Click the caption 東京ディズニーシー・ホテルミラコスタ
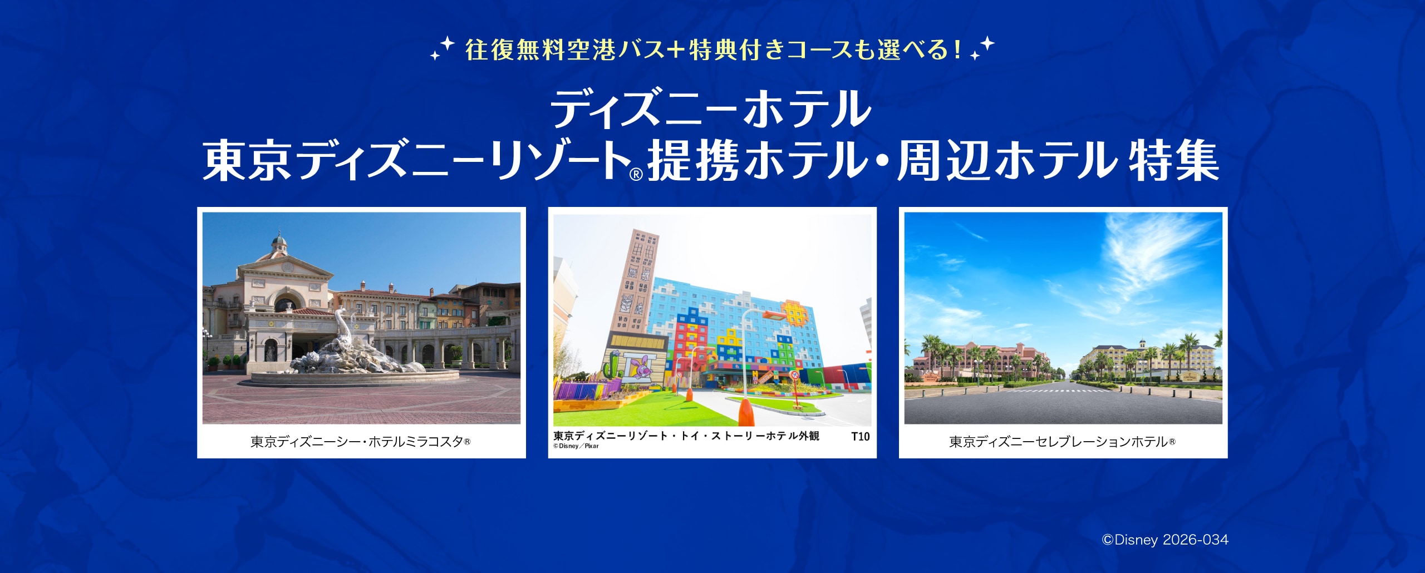(360, 442)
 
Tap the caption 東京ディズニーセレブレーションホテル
(1062, 442)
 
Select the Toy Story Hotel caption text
(686, 436)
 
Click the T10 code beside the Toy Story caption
(860, 437)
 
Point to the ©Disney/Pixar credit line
(576, 446)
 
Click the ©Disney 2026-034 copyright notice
(1165, 540)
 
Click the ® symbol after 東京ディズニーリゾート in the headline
(636, 175)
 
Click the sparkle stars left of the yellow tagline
(443, 48)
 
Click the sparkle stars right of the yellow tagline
(982, 48)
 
